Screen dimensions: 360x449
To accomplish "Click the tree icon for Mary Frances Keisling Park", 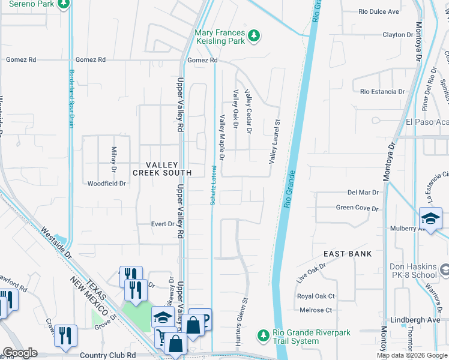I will (254, 36).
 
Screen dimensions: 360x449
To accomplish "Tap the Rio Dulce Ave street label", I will (379, 11).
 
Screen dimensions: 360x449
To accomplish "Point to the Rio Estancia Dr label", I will (382, 92).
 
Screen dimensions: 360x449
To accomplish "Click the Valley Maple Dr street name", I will (221, 138).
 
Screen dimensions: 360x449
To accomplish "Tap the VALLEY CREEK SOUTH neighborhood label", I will (162, 169).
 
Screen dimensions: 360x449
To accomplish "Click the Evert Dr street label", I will (162, 224).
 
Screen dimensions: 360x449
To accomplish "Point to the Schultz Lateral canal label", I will (213, 185).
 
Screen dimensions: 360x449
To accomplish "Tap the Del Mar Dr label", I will (363, 193).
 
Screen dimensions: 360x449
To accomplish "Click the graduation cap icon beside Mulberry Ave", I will (430, 218).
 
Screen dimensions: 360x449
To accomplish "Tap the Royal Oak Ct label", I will (316, 296).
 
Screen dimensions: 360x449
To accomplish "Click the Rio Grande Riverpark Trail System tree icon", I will (262, 334).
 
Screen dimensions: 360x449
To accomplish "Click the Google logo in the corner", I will (19, 353).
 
